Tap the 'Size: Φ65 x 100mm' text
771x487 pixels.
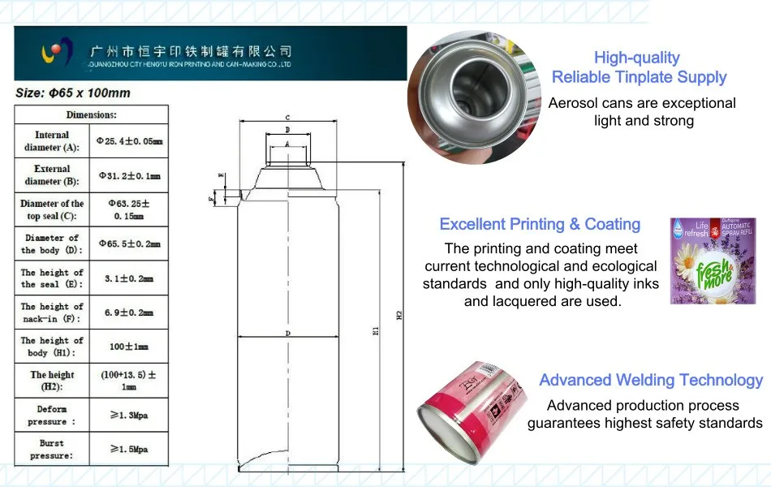(73, 93)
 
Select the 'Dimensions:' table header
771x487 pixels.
(91, 115)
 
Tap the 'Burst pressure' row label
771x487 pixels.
(51, 449)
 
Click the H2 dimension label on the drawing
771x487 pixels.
(398, 317)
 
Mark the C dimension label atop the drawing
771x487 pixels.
(286, 118)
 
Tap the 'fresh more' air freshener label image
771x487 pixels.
(702, 261)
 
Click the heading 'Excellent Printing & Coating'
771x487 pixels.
(540, 225)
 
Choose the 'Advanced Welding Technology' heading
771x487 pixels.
(651, 380)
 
